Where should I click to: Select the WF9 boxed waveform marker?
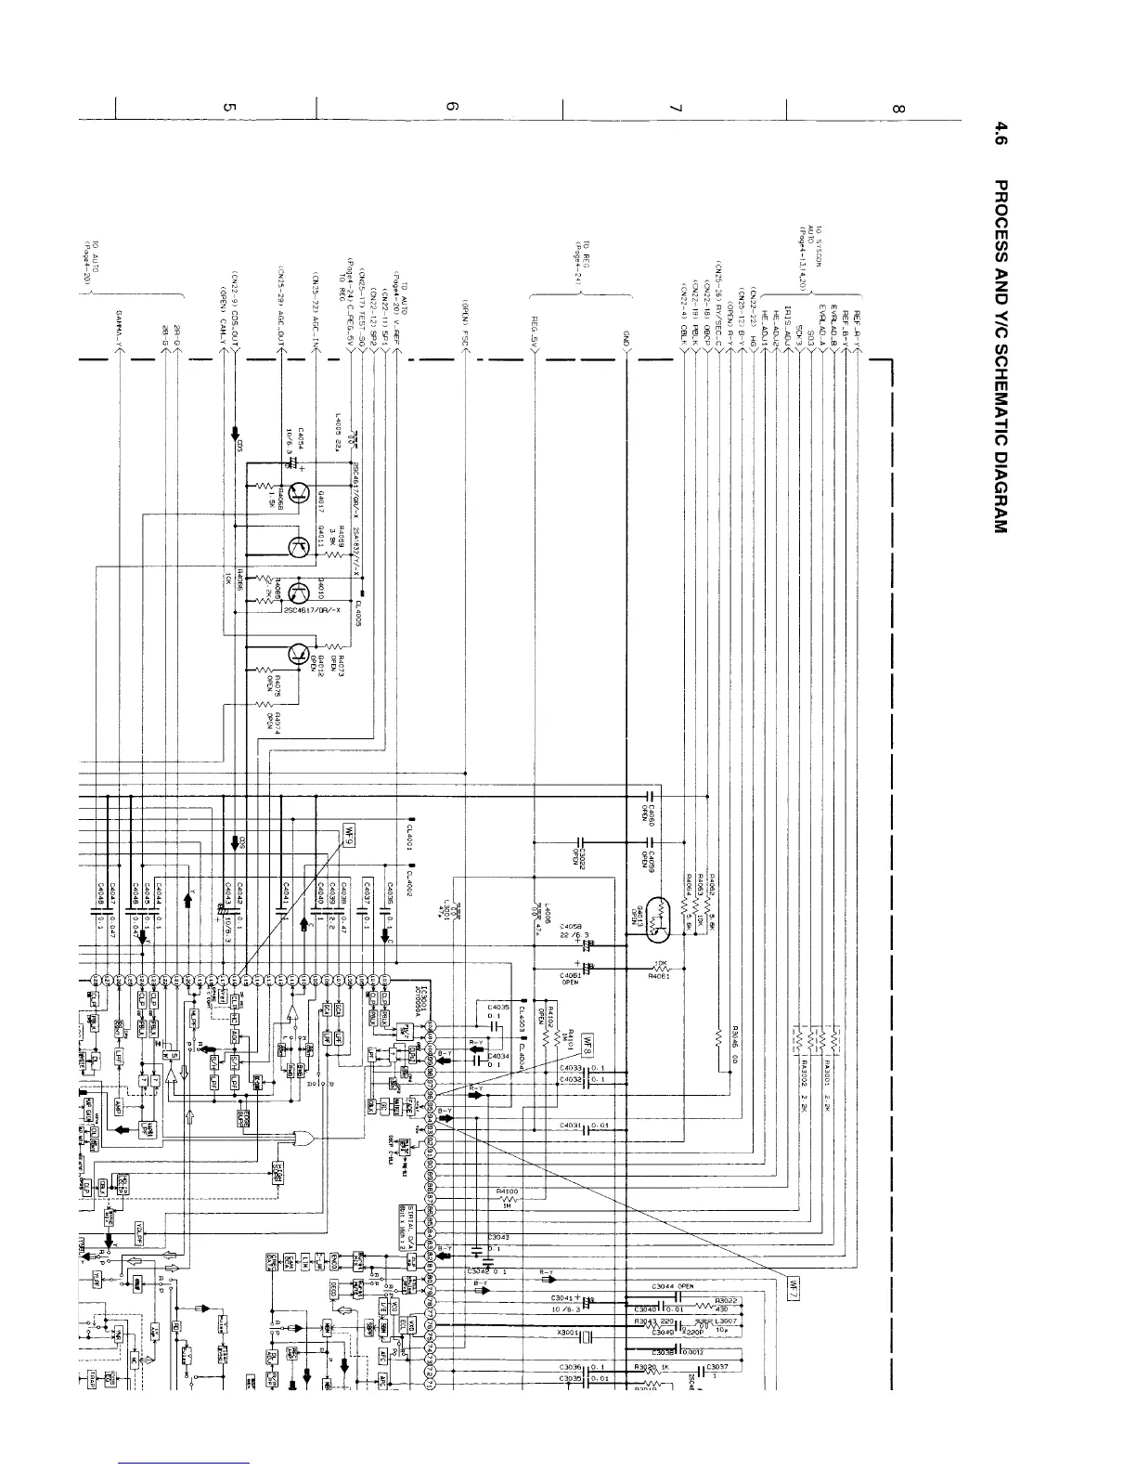350,833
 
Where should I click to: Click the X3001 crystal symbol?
586,1338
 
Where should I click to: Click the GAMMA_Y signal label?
121,328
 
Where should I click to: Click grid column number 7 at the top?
675,109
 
